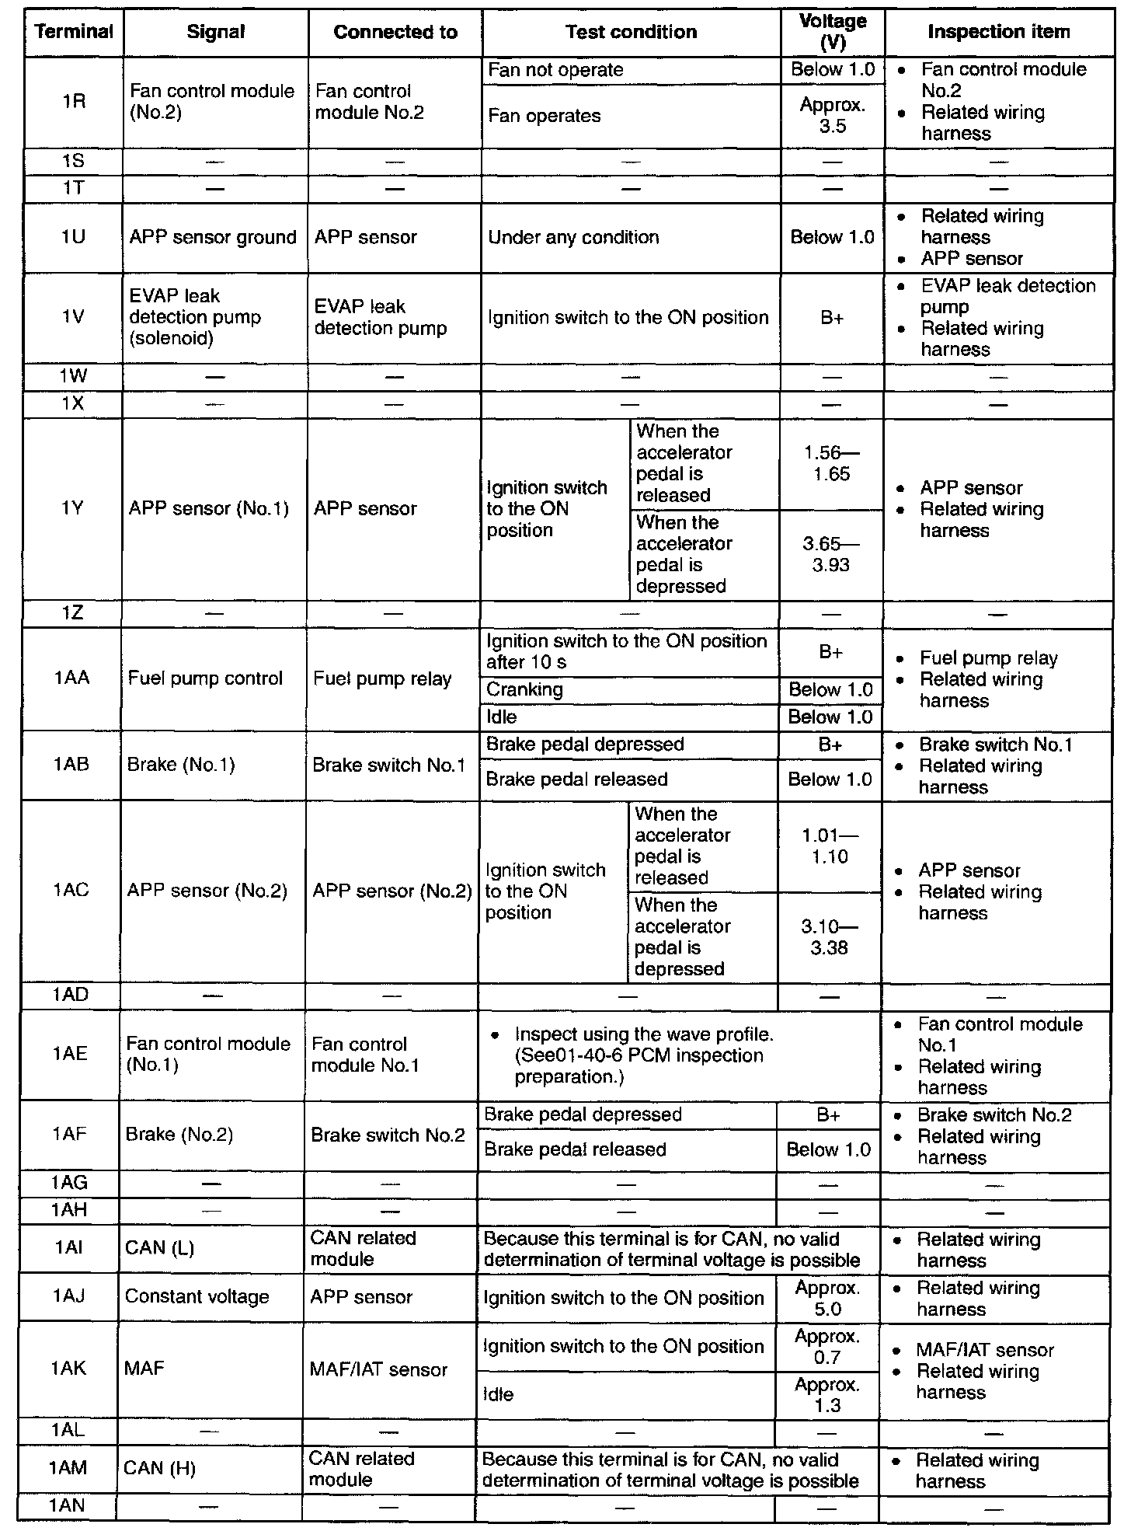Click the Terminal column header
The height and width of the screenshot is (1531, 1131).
[x=74, y=32]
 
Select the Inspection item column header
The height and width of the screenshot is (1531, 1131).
[x=999, y=32]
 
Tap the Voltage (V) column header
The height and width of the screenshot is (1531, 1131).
[x=832, y=32]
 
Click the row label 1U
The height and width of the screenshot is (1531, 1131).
[x=74, y=237]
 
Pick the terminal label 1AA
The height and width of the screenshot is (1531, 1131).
[x=71, y=678]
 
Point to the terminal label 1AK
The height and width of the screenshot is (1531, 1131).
[x=69, y=1369]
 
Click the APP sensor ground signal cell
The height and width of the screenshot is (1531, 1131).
[x=213, y=237]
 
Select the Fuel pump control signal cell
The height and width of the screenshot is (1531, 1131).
[x=205, y=678]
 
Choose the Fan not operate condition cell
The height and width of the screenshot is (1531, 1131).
[x=555, y=70]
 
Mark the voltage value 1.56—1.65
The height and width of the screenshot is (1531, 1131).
[x=831, y=464]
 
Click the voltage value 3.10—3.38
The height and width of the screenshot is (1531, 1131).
[x=829, y=936]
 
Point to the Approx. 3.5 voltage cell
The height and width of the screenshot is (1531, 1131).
[x=832, y=116]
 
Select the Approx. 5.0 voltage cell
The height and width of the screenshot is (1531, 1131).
[x=827, y=1299]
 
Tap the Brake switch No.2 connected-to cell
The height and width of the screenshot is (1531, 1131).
[x=388, y=1135]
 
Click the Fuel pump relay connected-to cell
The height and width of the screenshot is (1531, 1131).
[x=382, y=678]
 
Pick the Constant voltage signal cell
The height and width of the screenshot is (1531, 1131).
[x=197, y=1296]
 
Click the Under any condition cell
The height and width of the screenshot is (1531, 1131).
[x=573, y=237]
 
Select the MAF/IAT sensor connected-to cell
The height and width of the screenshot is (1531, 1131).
[x=378, y=1369]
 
